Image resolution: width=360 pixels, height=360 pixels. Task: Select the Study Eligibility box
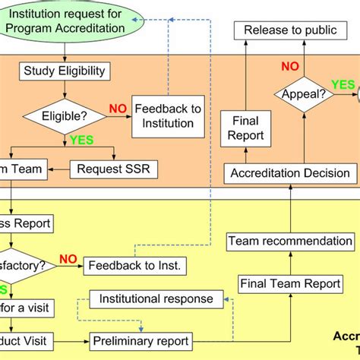coord(65,72)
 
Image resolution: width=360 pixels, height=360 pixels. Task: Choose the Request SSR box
coord(114,169)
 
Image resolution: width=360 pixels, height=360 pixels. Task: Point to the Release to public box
coord(289,31)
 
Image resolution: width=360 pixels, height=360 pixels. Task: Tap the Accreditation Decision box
coord(289,172)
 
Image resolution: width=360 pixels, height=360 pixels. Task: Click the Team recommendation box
coord(290,242)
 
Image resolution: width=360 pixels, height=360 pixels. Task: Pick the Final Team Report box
coord(289,283)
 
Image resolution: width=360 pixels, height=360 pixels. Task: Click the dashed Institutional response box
coord(156,298)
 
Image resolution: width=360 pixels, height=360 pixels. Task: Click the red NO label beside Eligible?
coord(118,109)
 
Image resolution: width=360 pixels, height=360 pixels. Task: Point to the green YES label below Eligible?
coord(81,141)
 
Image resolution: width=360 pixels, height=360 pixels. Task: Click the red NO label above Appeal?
coord(290,67)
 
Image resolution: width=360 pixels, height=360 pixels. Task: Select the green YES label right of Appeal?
coord(343,84)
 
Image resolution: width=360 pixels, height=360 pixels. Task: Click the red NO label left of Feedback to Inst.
coord(68,259)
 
